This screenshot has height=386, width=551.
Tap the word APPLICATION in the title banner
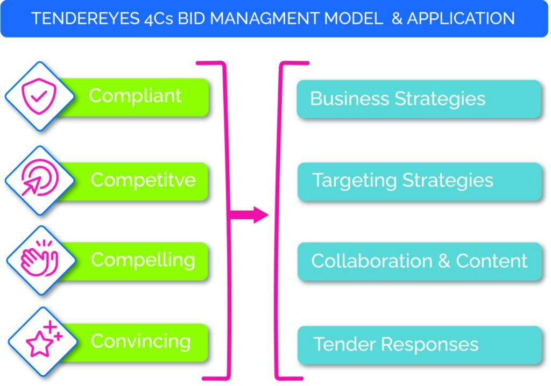pos(461,18)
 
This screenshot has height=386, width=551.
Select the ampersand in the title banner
pos(397,18)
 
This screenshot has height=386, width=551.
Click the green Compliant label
pos(135,96)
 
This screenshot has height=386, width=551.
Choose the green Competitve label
pos(143,180)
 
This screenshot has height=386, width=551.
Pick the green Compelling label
pos(143,260)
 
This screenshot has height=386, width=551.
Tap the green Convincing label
pos(140,341)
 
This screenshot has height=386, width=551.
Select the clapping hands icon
pos(39,261)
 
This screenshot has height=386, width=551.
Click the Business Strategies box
pos(419,99)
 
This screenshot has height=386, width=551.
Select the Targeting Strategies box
pos(419,181)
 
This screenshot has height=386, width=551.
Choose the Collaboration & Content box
pos(419,261)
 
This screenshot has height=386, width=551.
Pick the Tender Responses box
pos(419,344)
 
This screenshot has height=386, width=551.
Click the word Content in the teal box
pos(492,261)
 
